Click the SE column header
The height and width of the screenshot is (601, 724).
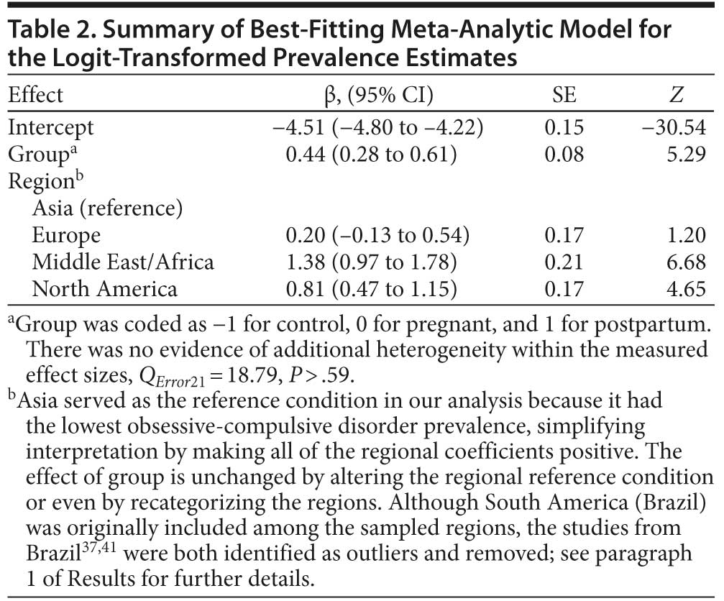(561, 96)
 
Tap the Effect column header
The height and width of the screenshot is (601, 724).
(35, 96)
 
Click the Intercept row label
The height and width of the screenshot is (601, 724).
(50, 128)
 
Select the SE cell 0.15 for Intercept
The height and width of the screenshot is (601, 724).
(561, 128)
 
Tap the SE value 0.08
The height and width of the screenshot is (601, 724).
(561, 155)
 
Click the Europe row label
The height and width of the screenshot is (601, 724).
(66, 236)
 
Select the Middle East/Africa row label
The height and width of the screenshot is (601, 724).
(123, 262)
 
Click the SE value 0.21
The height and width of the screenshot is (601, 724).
(561, 262)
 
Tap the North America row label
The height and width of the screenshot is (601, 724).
(104, 289)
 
